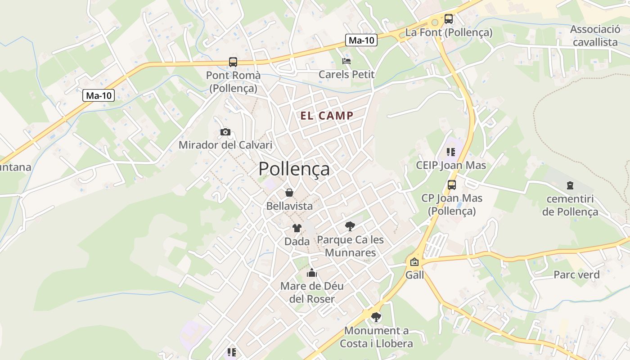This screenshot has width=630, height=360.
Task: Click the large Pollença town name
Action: (294, 169)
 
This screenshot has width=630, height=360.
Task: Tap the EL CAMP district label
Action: (327, 116)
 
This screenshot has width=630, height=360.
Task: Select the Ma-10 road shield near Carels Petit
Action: (362, 40)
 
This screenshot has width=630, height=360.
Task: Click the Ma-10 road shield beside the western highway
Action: (99, 95)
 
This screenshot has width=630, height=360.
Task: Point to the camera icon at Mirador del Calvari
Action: (225, 132)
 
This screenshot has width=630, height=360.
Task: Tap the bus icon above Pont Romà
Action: (233, 62)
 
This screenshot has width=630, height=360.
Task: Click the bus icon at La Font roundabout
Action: (449, 19)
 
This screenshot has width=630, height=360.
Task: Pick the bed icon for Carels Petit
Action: (346, 61)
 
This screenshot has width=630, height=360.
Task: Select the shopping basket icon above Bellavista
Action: (289, 193)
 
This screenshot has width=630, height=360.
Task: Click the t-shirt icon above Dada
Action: (297, 228)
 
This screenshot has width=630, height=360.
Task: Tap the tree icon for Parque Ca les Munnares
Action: (350, 226)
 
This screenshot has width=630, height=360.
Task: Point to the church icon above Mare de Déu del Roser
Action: (312, 273)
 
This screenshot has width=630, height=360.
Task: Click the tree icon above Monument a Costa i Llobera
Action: (376, 317)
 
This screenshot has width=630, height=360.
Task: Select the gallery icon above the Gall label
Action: (414, 261)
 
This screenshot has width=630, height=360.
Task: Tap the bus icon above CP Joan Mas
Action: (451, 184)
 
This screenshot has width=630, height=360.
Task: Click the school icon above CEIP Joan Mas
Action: (451, 152)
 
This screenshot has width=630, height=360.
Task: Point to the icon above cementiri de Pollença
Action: (570, 185)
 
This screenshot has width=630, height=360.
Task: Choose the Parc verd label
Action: (576, 274)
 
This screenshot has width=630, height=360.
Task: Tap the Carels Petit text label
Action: (346, 74)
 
